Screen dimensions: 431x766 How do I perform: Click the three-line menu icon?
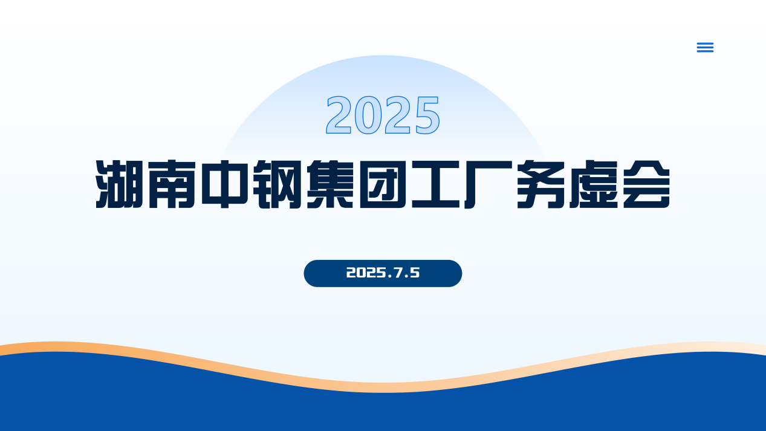click(705, 47)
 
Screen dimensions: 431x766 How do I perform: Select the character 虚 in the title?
click(594, 184)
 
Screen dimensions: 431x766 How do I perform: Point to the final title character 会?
click(646, 184)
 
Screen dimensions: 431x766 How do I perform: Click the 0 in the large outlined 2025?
click(368, 115)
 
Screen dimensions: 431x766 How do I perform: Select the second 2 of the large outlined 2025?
click(397, 115)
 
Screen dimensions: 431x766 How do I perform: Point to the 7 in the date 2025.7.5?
click(398, 273)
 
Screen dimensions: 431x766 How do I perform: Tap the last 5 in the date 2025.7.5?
click(414, 273)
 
